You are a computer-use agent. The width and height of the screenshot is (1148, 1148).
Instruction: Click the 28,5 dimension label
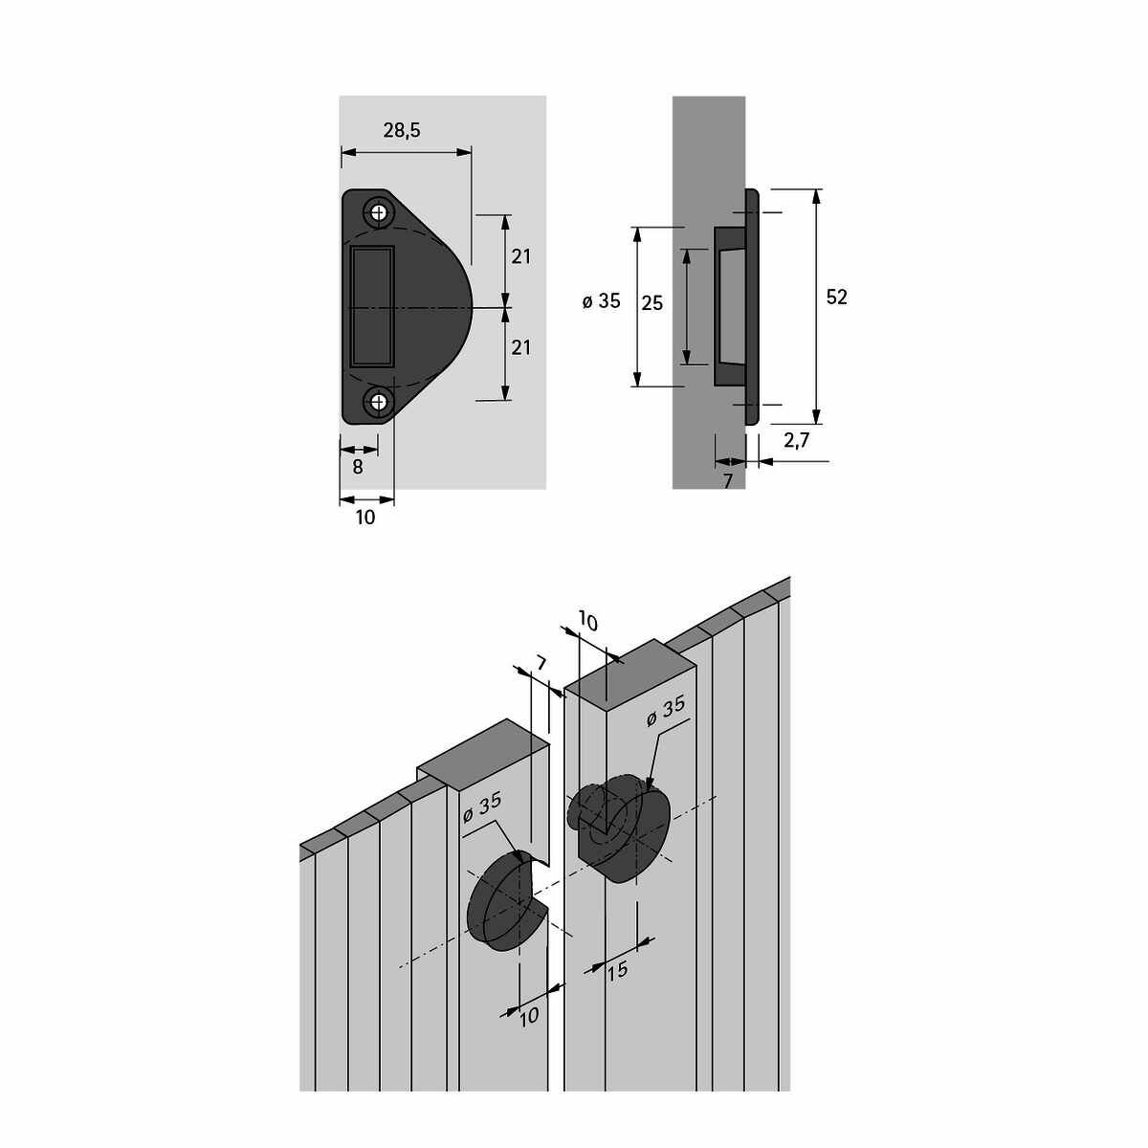click(x=402, y=130)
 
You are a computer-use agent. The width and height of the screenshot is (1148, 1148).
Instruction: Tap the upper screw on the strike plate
click(x=379, y=212)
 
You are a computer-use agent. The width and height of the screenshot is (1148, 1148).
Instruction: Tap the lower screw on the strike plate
click(x=379, y=402)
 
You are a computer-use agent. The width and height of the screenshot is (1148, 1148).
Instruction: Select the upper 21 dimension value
click(x=520, y=256)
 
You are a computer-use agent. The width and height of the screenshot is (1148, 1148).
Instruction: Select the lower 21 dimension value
click(x=520, y=347)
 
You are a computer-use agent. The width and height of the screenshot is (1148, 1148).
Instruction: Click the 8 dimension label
click(x=358, y=467)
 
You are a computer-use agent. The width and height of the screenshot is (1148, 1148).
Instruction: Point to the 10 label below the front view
click(x=365, y=518)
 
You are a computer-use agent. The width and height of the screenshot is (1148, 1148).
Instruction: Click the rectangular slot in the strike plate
click(x=372, y=305)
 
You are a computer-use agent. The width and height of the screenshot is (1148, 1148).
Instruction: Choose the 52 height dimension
click(x=836, y=298)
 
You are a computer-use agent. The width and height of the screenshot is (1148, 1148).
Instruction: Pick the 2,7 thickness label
click(x=797, y=441)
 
